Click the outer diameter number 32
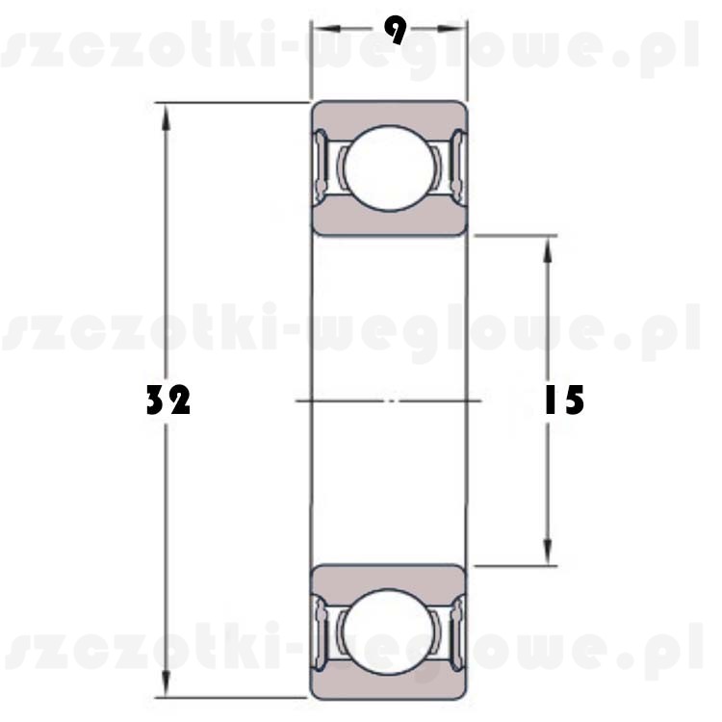(x=168, y=400)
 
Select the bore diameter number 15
(x=564, y=400)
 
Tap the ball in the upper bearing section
(x=390, y=168)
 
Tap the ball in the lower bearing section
(x=390, y=632)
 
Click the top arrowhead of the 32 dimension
(x=167, y=116)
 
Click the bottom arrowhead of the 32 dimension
(x=167, y=683)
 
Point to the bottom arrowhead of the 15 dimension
(x=548, y=552)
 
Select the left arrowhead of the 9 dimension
(x=326, y=29)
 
